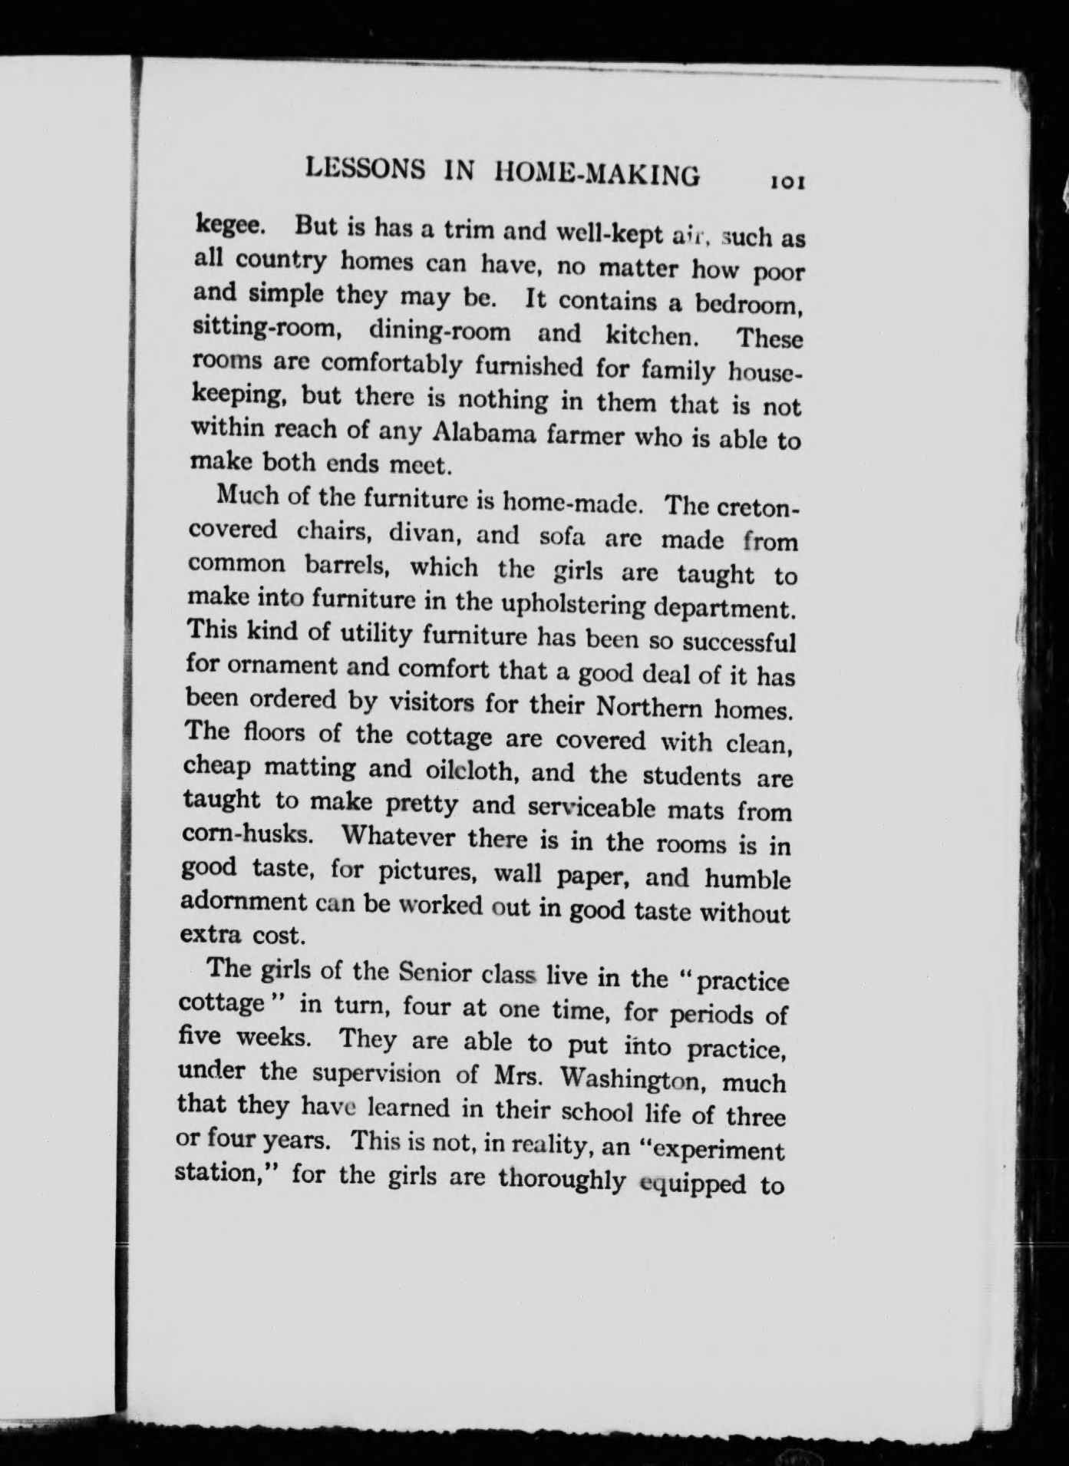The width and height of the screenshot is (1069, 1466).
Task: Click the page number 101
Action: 787,183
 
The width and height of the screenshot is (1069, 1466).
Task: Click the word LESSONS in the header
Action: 365,170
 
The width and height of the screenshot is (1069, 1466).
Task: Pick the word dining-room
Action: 439,332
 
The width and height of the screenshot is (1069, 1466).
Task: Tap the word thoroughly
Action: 561,1178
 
